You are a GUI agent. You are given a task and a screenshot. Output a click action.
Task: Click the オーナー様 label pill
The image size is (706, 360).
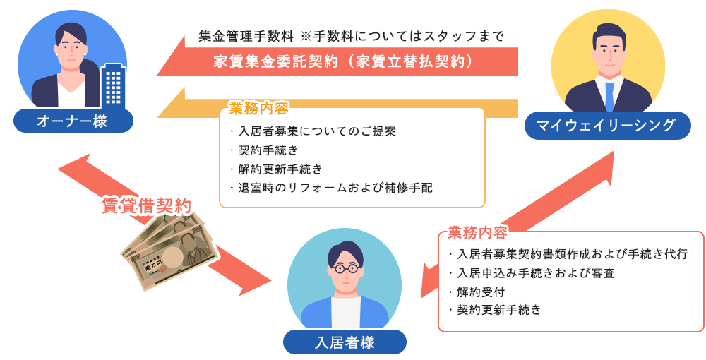point(73,121)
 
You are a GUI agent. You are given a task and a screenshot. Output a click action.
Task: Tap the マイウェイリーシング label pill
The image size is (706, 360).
point(606,126)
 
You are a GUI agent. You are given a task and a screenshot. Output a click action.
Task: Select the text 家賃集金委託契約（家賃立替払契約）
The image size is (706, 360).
point(343,61)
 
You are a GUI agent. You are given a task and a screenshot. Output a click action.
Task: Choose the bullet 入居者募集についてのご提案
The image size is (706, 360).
point(315,131)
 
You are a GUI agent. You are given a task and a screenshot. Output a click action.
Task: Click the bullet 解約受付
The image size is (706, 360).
point(479,291)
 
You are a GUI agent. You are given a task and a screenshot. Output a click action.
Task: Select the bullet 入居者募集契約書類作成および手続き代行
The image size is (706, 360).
point(570,254)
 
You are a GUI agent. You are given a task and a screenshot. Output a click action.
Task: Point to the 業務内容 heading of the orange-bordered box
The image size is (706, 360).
point(258,109)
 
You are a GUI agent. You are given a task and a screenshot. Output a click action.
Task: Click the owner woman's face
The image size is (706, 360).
point(71,46)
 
